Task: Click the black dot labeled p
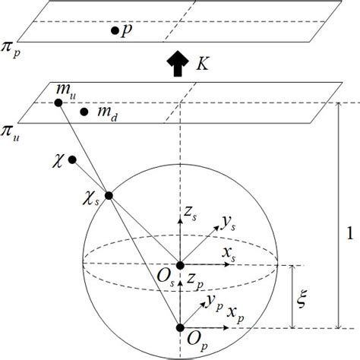(x=114, y=30)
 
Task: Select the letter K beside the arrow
(x=201, y=65)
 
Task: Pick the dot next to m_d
(x=84, y=112)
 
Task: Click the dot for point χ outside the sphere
(x=72, y=160)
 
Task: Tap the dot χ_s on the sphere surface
(x=109, y=196)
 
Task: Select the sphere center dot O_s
(x=180, y=265)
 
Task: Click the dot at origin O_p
(x=180, y=327)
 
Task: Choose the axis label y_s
(x=227, y=222)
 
